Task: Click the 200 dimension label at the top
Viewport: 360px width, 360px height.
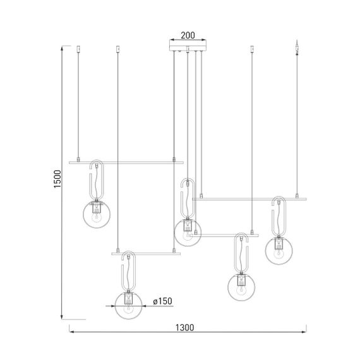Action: coord(187,35)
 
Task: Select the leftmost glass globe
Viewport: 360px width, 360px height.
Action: coord(97,214)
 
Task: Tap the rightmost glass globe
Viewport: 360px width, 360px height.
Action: coord(279,250)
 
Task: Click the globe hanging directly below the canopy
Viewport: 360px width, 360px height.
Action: coord(187,231)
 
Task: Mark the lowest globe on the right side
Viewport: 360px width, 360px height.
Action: coord(241,285)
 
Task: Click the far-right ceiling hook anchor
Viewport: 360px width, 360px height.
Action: coord(297,46)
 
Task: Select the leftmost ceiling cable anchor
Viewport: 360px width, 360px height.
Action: coord(78,48)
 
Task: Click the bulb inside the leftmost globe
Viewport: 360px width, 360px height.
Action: coord(97,216)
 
